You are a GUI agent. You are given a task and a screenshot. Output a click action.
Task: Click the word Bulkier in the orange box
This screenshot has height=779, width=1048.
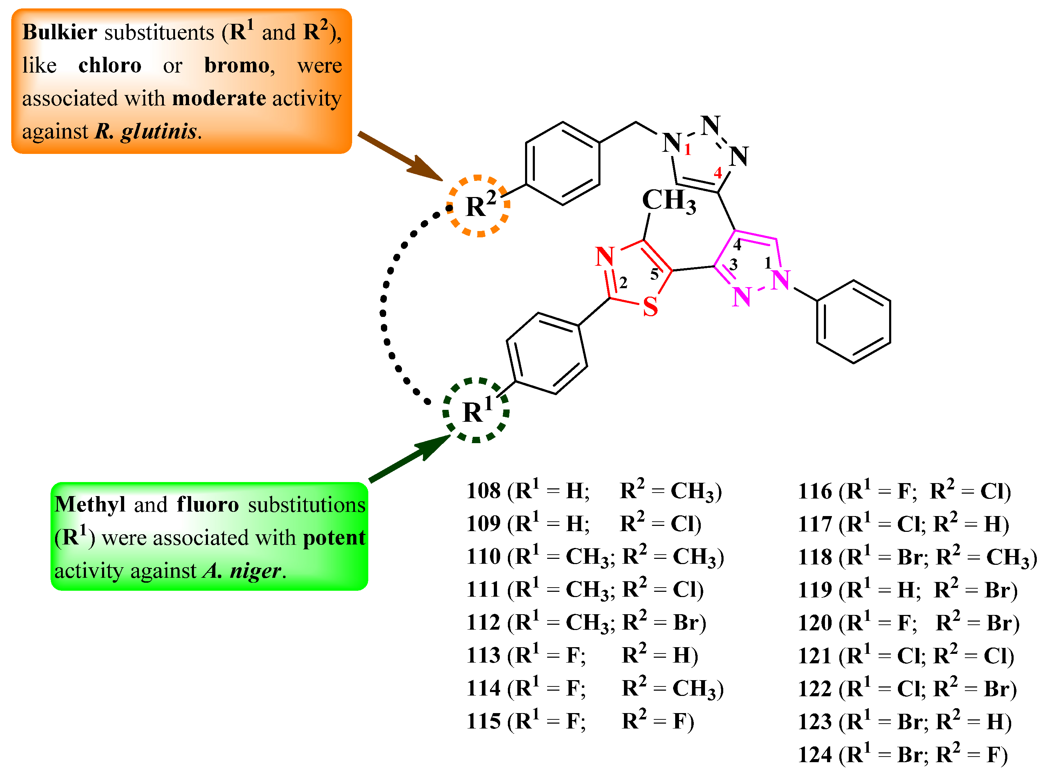(x=59, y=32)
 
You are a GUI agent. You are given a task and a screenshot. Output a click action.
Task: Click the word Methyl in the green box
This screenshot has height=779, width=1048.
(x=89, y=504)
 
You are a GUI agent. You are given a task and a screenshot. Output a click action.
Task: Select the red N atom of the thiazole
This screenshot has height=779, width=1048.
(x=605, y=257)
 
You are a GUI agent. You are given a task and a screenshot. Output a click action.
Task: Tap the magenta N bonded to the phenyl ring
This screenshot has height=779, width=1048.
(x=781, y=280)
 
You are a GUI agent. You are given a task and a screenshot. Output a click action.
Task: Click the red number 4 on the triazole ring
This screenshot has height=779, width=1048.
(x=718, y=172)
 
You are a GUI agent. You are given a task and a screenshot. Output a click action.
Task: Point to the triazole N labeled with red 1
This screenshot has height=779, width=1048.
(x=672, y=142)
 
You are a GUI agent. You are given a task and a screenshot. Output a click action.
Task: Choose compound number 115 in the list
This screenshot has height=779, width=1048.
(x=483, y=722)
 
